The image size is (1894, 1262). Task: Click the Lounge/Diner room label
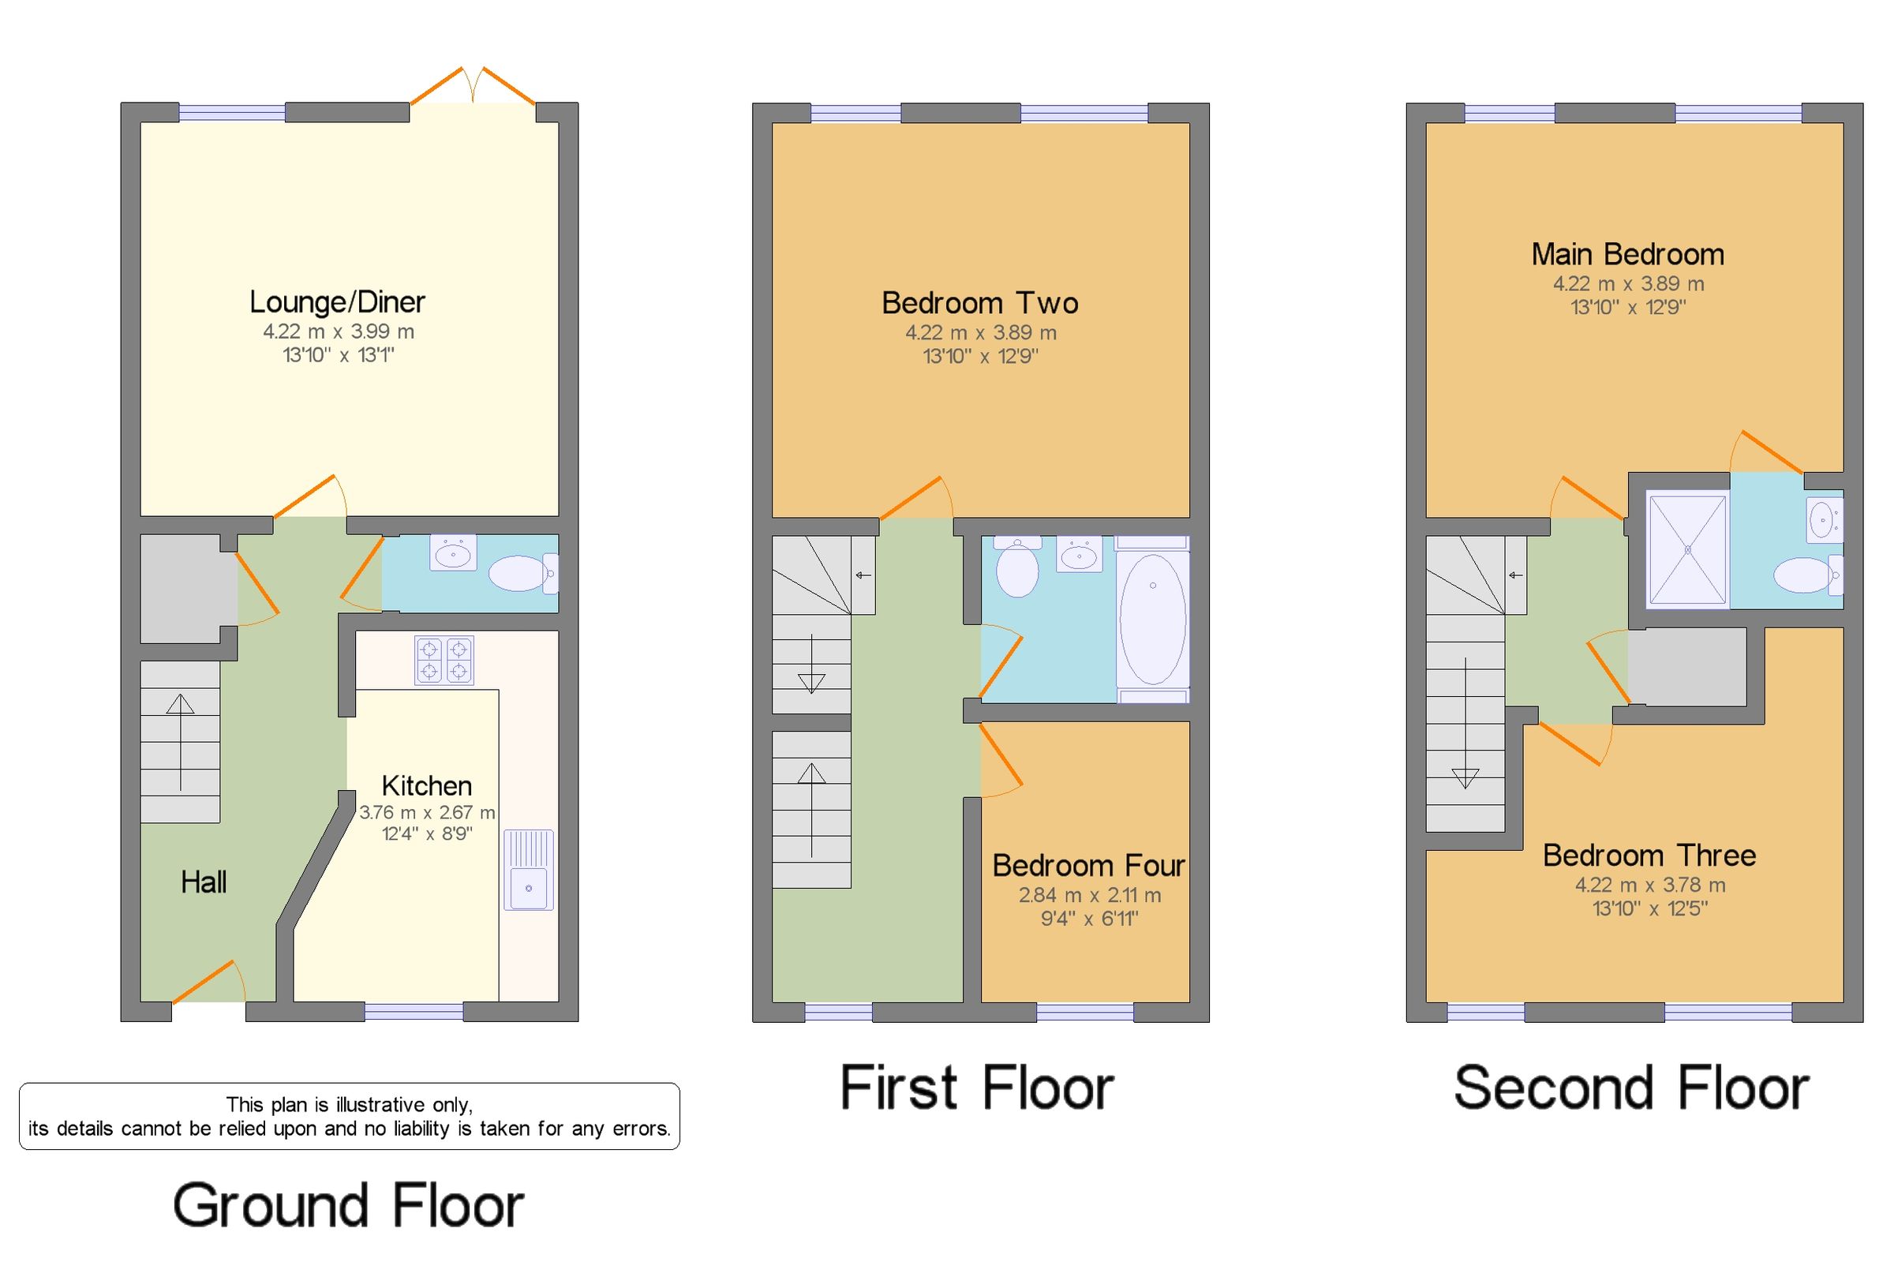[x=336, y=302]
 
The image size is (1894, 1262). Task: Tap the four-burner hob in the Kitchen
[x=444, y=660]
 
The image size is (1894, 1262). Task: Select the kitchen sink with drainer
[x=528, y=869]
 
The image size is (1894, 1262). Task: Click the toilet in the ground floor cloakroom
[x=520, y=573]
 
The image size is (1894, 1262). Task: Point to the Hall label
[x=203, y=882]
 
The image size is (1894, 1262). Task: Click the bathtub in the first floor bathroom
[x=1151, y=619]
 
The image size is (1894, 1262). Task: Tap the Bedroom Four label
[x=1087, y=865]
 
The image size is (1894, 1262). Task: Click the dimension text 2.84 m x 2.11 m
[x=1088, y=894]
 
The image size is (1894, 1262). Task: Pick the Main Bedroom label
[x=1627, y=254]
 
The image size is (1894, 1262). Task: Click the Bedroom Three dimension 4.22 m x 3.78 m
[x=1649, y=885]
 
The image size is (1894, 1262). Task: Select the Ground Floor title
[x=347, y=1205]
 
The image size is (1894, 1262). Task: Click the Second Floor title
[x=1631, y=1088]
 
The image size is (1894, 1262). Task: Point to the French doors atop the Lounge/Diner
[x=472, y=88]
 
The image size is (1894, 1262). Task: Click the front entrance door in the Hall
[x=208, y=982]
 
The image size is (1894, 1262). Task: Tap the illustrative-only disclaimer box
[x=349, y=1115]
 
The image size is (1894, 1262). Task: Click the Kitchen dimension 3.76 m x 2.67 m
[x=426, y=812]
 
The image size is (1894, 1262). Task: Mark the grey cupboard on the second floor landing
[x=1686, y=667]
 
